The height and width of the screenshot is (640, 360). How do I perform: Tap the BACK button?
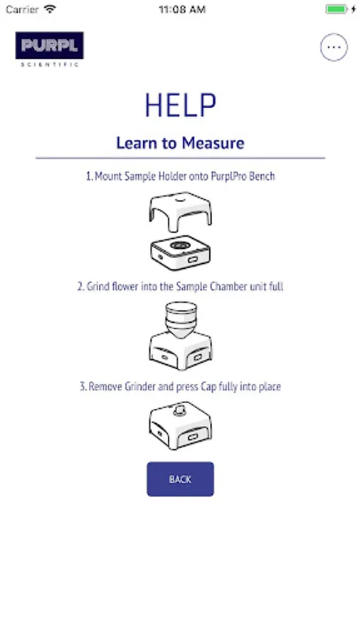[x=180, y=479]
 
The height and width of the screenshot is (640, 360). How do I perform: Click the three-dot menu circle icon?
[x=334, y=48]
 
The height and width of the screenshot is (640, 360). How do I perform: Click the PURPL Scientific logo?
[x=49, y=49]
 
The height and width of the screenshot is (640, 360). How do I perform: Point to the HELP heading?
[x=180, y=106]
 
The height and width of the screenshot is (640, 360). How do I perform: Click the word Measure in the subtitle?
[x=213, y=143]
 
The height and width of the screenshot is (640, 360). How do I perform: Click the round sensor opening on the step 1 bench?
[x=181, y=245]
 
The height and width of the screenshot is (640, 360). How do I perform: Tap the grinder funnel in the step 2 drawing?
[x=181, y=319]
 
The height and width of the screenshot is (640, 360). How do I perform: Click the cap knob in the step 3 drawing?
[x=180, y=409]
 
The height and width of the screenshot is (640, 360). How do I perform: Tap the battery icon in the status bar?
[x=337, y=9]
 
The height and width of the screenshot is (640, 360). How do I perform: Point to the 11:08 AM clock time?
[x=182, y=9]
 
